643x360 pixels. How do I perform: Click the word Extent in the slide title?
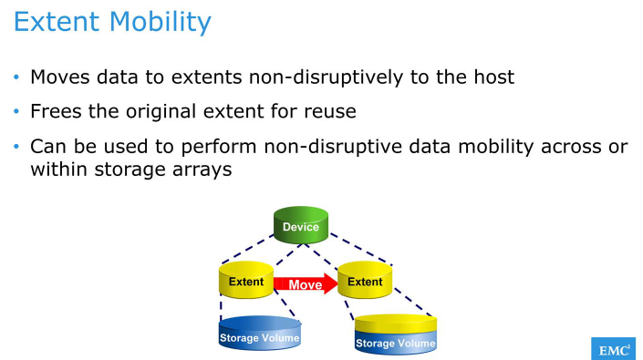(54, 21)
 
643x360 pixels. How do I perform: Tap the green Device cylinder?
(300, 225)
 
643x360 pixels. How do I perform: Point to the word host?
(490, 77)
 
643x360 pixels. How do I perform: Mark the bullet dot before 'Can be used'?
(16, 147)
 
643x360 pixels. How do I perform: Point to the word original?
(160, 112)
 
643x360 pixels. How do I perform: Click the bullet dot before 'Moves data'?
(16, 77)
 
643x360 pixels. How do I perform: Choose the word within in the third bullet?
(59, 170)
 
